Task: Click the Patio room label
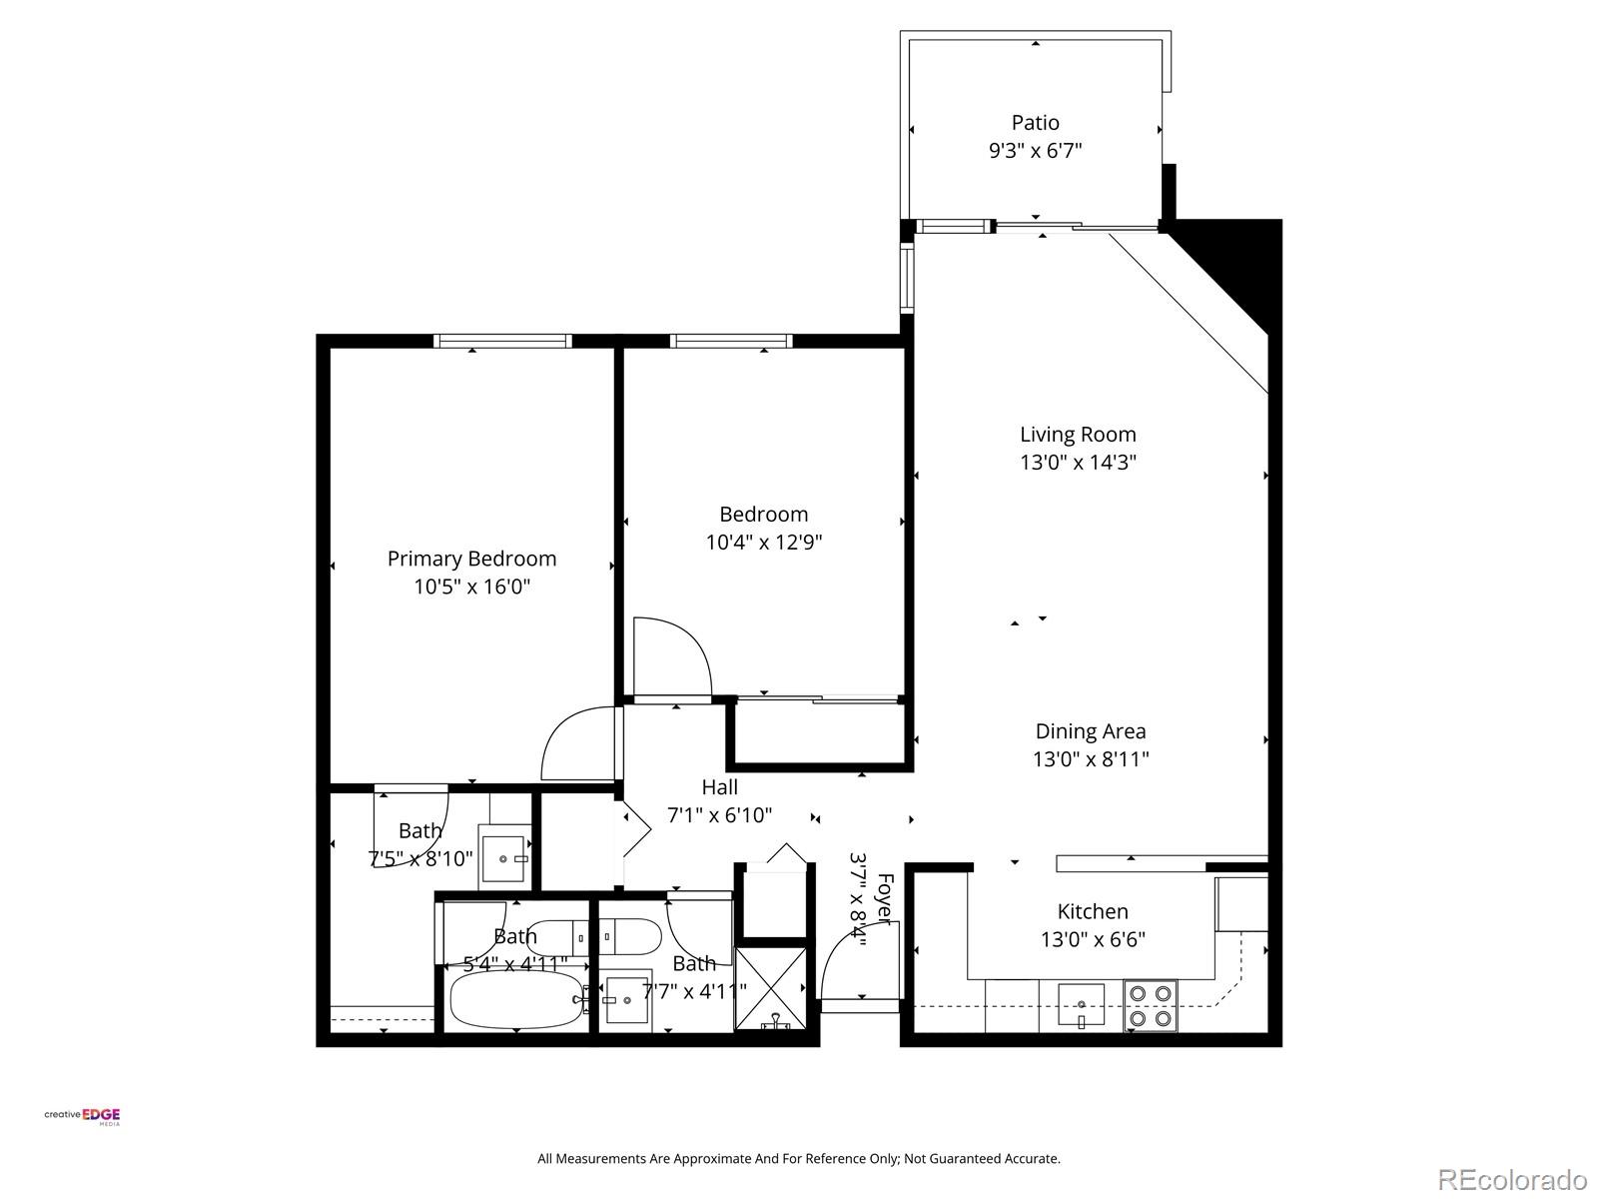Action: [1035, 123]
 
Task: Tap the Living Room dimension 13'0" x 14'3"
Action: [1077, 463]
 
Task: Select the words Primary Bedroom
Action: [471, 559]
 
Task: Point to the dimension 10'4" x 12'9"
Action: [763, 543]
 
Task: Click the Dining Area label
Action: [1090, 731]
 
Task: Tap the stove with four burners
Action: [1150, 1007]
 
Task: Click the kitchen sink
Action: [1081, 1005]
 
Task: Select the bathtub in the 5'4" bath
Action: [514, 999]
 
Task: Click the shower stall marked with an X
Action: [770, 987]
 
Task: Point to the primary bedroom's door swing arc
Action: [577, 744]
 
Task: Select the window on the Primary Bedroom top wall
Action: [502, 341]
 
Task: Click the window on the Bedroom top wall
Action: [731, 341]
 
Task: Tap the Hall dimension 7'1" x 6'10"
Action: [719, 815]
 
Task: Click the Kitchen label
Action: [1093, 911]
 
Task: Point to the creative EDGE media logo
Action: [83, 1116]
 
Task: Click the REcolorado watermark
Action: [1512, 1179]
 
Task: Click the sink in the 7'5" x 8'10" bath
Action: [505, 856]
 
